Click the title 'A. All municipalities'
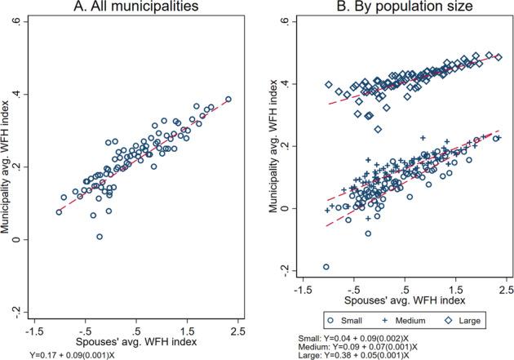133,8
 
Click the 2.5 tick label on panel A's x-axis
237,331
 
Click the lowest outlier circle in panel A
100,237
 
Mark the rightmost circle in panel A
228,100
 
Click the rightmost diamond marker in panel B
498,57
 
